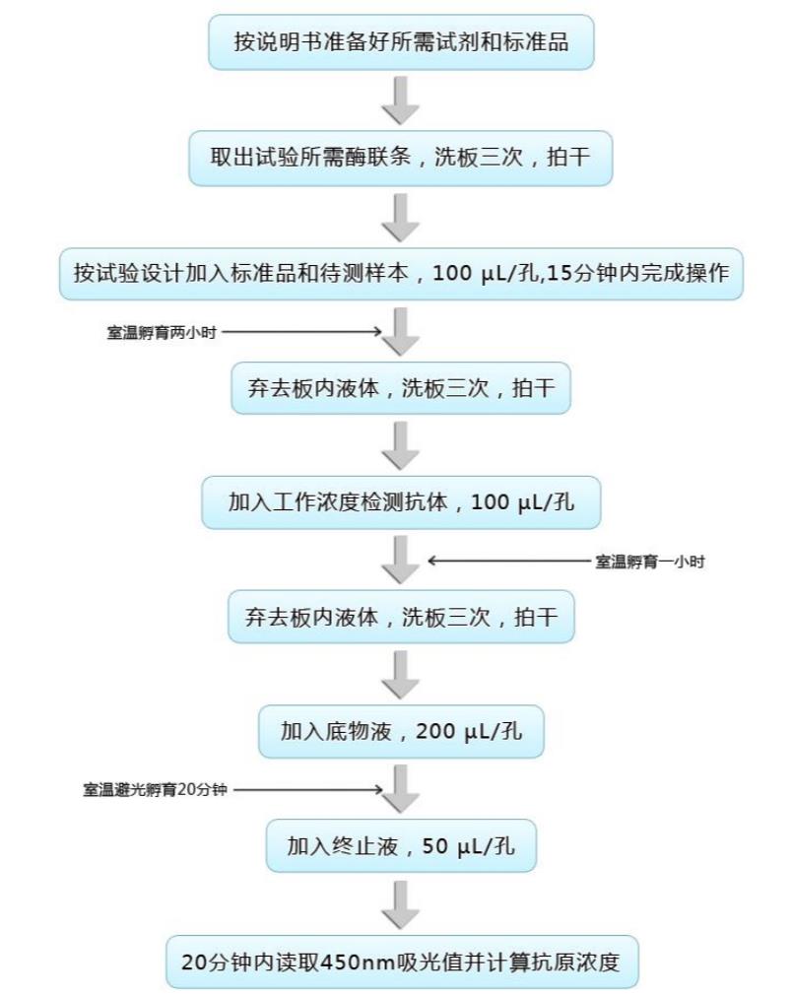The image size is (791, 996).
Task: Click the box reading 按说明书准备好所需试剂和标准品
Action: (401, 42)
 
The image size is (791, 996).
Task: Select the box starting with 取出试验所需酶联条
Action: (400, 159)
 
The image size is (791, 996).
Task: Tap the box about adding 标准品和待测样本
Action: (401, 274)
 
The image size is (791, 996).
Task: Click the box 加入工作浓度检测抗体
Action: (401, 502)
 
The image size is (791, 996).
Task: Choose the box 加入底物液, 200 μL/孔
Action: (401, 732)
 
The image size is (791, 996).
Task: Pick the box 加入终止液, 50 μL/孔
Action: (401, 846)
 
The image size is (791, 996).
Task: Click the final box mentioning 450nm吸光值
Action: (402, 962)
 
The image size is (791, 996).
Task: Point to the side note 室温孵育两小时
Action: (162, 332)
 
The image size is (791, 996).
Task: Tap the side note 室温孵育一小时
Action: (649, 562)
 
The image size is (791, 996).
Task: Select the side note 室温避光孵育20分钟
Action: (155, 789)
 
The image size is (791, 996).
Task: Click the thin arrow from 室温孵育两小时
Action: (302, 331)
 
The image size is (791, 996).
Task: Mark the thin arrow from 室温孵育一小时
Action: (509, 561)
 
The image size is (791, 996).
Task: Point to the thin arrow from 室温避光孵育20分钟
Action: (308, 789)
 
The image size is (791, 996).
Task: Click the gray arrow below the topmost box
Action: (400, 100)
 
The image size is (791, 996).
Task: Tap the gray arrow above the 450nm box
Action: (400, 904)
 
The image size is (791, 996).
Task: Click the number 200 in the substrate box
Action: (434, 731)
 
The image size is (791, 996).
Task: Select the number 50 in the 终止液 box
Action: (435, 846)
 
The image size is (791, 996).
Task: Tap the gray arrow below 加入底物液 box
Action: (400, 788)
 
